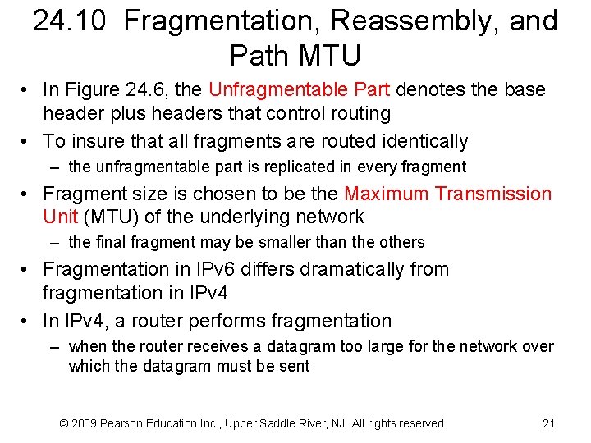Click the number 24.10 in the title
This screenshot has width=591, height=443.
click(x=71, y=21)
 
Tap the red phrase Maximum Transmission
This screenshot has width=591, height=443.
click(x=448, y=194)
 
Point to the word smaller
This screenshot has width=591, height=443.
click(x=295, y=243)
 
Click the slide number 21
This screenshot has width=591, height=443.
click(x=549, y=423)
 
